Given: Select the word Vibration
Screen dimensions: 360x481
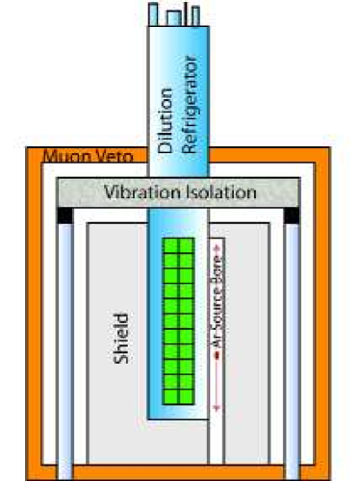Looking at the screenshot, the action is pos(137,192).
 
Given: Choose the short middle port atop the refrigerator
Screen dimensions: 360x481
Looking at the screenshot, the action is pos(177,17).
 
